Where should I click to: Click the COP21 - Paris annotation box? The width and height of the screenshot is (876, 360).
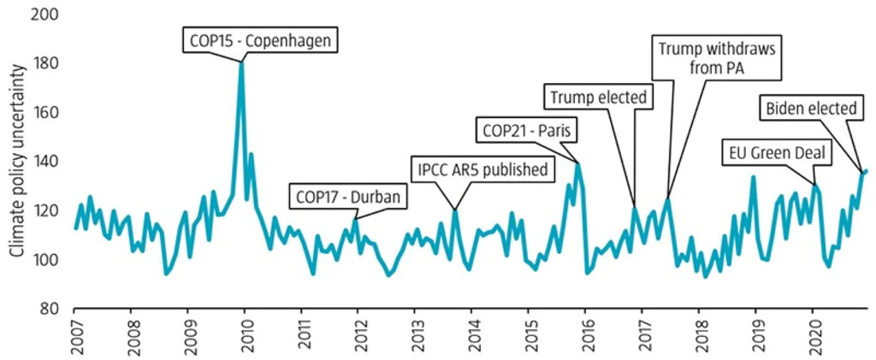tap(527, 131)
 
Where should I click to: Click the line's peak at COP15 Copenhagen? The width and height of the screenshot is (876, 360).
tap(242, 62)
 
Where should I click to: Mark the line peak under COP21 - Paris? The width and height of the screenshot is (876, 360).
tap(578, 162)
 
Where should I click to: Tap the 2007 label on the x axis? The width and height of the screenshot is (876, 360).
tap(75, 336)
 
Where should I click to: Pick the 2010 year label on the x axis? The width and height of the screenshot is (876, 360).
tap(246, 336)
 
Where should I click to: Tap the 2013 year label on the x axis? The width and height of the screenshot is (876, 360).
tap(416, 336)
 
